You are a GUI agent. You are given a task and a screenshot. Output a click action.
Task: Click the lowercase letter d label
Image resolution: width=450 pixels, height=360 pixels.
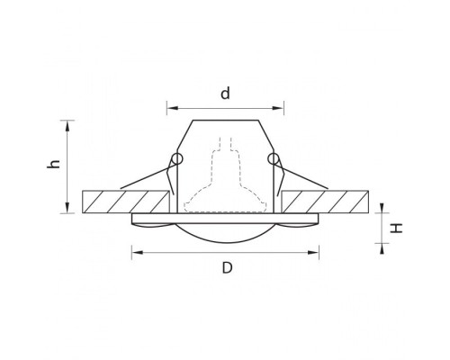[225, 93]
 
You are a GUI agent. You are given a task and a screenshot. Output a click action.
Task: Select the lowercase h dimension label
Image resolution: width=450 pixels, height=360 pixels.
[54, 165]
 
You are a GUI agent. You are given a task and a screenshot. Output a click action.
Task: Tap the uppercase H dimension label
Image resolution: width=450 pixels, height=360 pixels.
[397, 228]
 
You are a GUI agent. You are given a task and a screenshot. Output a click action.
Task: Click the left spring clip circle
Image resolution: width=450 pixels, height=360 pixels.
[176, 159]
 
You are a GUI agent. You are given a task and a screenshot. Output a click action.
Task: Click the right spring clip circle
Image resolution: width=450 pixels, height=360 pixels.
[273, 159]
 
